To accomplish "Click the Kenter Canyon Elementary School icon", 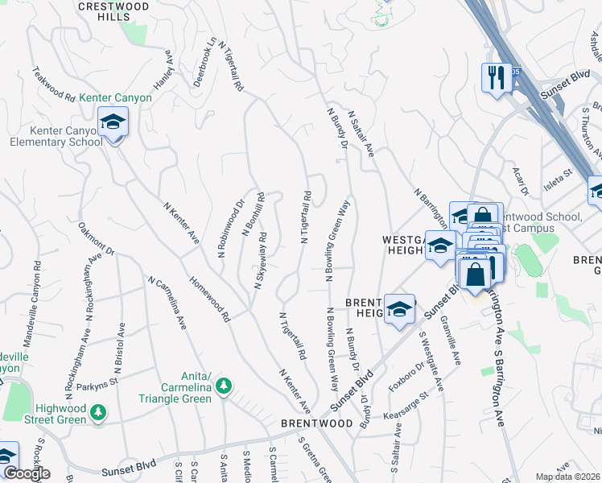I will (113, 123).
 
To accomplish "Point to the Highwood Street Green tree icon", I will (98, 413).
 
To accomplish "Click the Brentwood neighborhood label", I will (316, 423).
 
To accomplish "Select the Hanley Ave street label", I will (163, 71).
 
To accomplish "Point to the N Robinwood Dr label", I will (230, 229).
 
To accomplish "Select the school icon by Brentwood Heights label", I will (399, 309).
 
